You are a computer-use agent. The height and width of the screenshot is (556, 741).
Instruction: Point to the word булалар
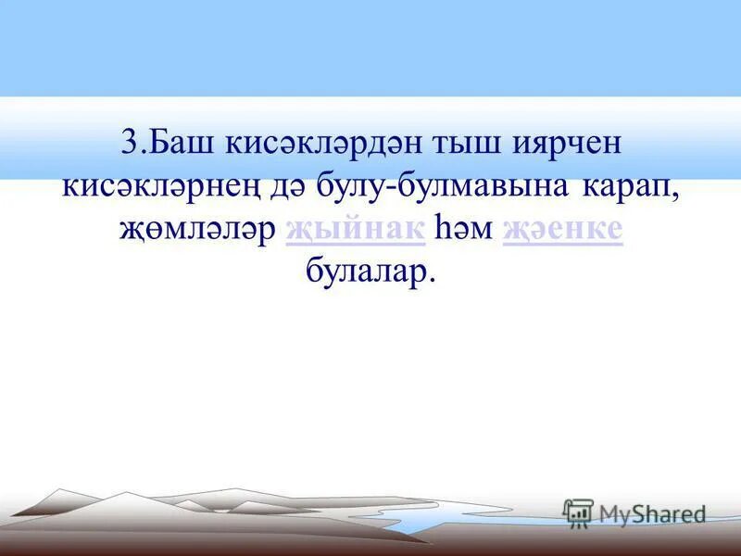pos(366,273)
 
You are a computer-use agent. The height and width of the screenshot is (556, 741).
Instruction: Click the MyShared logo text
pos(652,513)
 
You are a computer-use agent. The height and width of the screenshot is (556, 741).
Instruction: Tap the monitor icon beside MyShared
pos(578,512)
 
